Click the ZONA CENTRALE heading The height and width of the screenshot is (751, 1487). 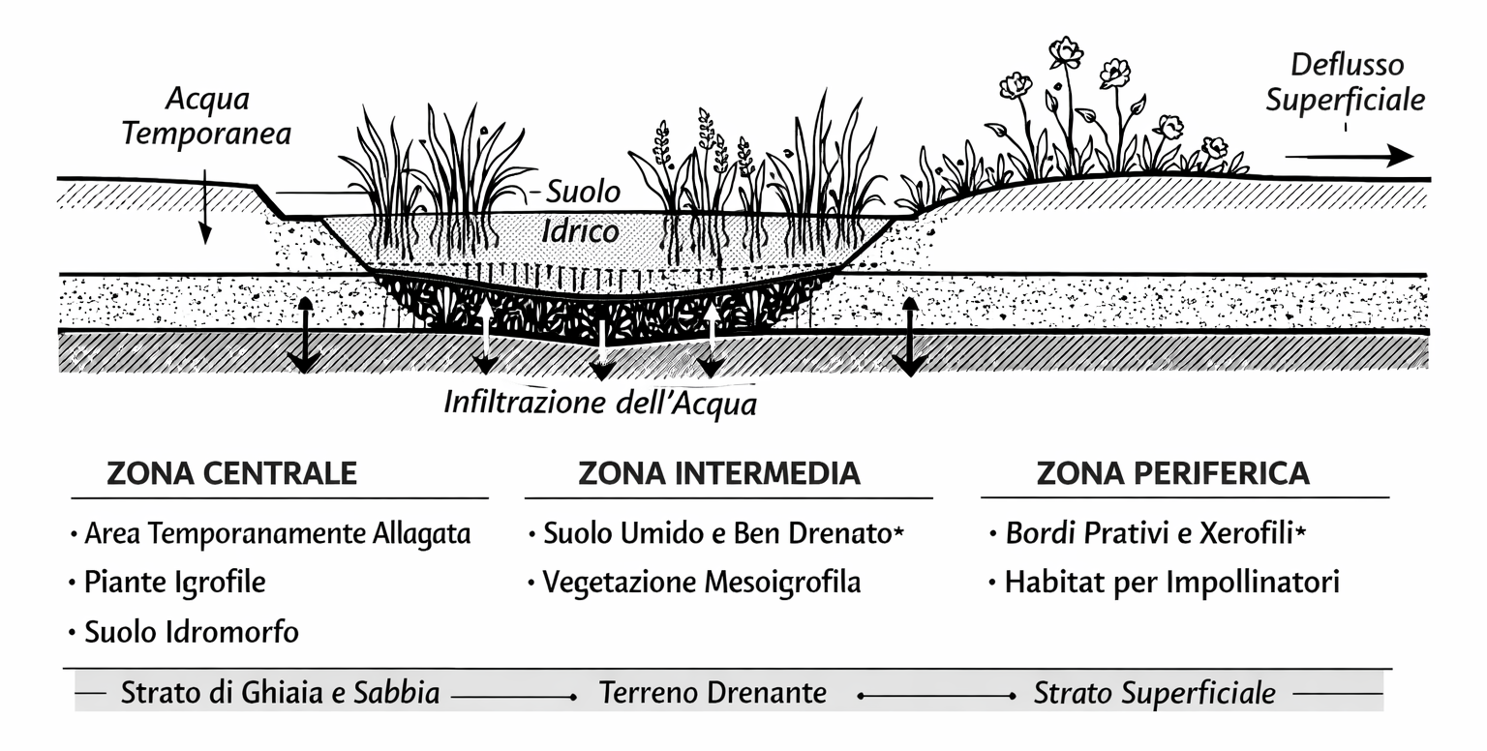click(x=231, y=473)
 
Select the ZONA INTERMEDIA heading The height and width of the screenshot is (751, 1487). click(x=718, y=473)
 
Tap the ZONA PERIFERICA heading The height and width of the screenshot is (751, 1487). click(x=1172, y=473)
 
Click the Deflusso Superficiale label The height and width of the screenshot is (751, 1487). click(x=1347, y=83)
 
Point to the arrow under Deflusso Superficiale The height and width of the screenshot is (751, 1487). click(x=1350, y=156)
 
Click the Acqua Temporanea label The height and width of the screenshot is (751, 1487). click(x=206, y=116)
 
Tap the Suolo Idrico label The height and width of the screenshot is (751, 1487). click(x=581, y=211)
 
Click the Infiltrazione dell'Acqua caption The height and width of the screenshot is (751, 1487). click(x=600, y=403)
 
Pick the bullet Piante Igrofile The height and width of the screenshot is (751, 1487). click(x=174, y=583)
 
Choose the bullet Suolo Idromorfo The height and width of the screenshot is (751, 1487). click(x=191, y=633)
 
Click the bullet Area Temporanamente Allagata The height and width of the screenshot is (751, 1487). click(x=277, y=533)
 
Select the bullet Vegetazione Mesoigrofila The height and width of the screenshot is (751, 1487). click(x=701, y=583)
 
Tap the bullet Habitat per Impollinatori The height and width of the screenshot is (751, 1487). click(x=1171, y=583)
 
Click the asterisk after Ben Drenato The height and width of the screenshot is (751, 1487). click(x=898, y=530)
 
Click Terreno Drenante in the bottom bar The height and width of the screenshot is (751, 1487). click(x=713, y=693)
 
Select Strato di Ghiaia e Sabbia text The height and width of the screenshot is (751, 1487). click(x=280, y=693)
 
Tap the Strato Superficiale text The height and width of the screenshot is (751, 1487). click(x=1154, y=693)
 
